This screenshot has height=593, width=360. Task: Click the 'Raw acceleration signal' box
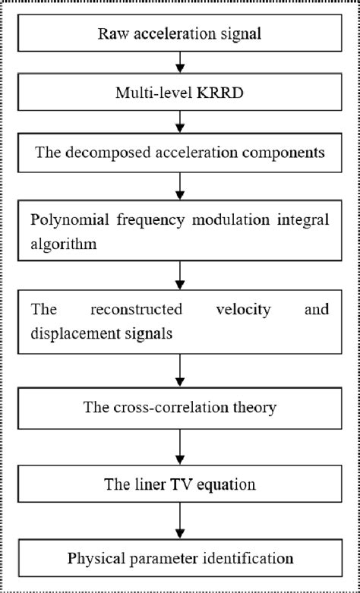coord(180,33)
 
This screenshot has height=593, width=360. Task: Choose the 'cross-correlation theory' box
coord(180,407)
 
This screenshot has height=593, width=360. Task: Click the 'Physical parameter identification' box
coord(180,559)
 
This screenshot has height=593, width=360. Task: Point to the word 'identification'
coord(252,559)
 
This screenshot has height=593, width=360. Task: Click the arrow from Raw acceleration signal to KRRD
coord(180,62)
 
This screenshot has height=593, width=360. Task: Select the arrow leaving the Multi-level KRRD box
coord(180,121)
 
